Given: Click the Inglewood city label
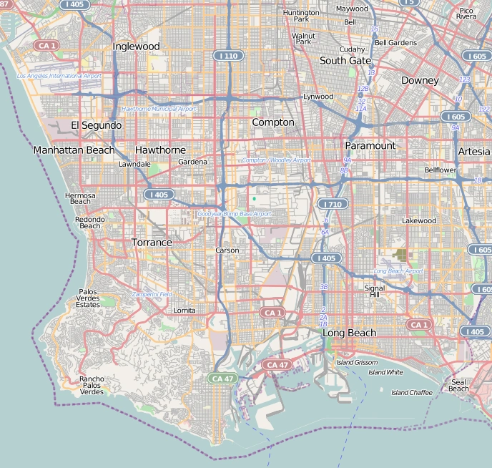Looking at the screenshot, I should point(136,47).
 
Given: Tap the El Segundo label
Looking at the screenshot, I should point(96,125).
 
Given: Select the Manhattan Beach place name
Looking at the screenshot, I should point(74,150).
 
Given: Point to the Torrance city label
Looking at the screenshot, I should point(152,243).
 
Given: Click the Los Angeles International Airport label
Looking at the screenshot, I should point(59,76).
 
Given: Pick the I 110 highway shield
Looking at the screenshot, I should point(228,56).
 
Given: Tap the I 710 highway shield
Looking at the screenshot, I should point(332,205).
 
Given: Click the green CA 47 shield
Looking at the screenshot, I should point(222,378).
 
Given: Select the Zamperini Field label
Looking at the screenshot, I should point(152,294).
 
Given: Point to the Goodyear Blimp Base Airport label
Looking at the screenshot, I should point(235,214).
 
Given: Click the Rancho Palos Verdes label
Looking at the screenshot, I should point(92,386).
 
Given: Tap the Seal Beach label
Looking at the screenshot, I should point(458,384).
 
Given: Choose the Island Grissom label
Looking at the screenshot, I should point(357,363).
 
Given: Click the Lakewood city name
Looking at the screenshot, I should point(419,221).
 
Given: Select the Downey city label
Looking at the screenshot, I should point(419,81).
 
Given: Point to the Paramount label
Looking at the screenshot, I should point(370,145).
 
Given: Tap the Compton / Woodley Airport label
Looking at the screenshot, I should point(276,160).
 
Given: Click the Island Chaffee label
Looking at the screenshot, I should point(411,392).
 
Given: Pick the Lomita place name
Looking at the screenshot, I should point(184,311).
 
